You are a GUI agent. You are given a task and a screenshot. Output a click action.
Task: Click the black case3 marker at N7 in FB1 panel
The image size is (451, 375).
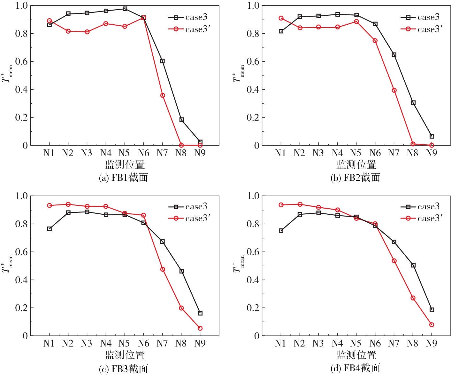[162, 61]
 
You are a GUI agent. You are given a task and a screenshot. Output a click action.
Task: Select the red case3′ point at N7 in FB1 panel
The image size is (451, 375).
[163, 95]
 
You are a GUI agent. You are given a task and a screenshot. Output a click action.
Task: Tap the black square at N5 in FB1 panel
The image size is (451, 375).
[125, 9]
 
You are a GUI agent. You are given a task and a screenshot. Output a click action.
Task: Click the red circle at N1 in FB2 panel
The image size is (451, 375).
[281, 18]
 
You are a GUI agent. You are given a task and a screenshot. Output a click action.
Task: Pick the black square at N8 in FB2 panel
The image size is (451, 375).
[413, 103]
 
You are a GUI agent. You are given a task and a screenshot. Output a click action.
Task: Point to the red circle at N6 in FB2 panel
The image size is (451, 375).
[375, 41]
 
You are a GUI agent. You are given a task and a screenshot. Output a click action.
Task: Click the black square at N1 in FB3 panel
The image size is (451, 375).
[50, 229]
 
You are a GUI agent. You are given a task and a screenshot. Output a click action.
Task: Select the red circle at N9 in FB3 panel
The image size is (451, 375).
[200, 328]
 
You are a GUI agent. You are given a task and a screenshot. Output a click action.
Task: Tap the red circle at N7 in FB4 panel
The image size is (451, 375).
[394, 261]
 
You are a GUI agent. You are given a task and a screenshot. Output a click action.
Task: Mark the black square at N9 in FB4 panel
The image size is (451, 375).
[432, 310]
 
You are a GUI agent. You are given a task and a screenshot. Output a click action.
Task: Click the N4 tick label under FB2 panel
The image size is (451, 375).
[337, 153]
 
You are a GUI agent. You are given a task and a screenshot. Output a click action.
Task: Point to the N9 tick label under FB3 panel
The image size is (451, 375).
[200, 343]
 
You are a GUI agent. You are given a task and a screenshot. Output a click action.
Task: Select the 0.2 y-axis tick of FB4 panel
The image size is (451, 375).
[253, 308]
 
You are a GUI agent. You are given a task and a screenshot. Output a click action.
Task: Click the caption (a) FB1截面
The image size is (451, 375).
[123, 178]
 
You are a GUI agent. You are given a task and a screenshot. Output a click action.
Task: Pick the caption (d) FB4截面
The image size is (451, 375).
[355, 368]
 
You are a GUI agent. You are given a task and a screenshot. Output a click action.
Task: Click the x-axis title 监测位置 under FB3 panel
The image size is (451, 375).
[125, 355]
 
